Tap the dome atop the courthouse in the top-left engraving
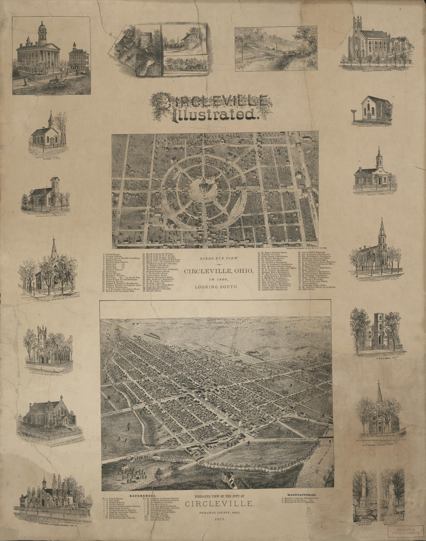tap(43, 28)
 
